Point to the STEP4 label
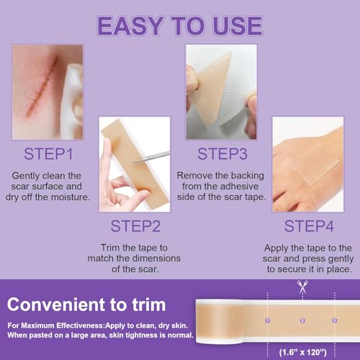310,226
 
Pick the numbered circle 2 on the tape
302,320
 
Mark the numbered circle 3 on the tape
334,320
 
